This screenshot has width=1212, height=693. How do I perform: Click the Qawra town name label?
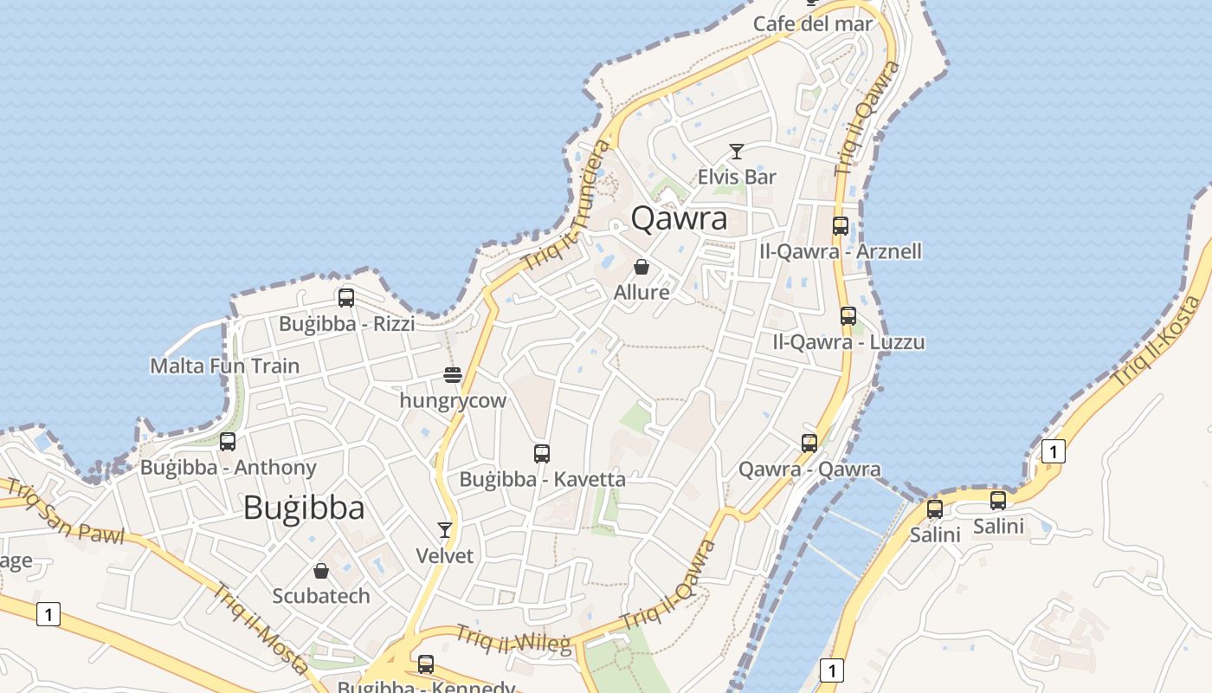[x=679, y=218]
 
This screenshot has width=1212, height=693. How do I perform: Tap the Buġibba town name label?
[x=303, y=508]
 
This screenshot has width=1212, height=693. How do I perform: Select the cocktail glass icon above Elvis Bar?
[x=737, y=152]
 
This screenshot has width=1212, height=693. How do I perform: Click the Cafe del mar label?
[x=813, y=23]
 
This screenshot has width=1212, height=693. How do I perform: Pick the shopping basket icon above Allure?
[x=641, y=267]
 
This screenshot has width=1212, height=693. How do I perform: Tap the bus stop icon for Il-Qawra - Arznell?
[x=841, y=226]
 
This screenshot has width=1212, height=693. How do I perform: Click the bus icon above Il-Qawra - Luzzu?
[x=848, y=316]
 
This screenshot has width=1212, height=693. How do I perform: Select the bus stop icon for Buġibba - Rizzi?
[x=346, y=298]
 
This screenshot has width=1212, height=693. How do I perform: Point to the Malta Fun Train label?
[x=225, y=366]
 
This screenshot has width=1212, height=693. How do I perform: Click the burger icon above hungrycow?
[x=453, y=375]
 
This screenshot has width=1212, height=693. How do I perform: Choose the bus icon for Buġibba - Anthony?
[x=228, y=442]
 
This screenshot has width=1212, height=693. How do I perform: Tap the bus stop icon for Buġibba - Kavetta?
[x=542, y=453]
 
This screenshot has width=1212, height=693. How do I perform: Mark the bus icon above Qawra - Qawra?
[x=809, y=444]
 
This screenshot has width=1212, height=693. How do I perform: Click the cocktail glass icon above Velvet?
[x=445, y=529]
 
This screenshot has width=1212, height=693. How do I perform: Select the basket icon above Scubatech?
[x=321, y=571]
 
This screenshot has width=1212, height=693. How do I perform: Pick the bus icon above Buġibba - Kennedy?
[x=426, y=664]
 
